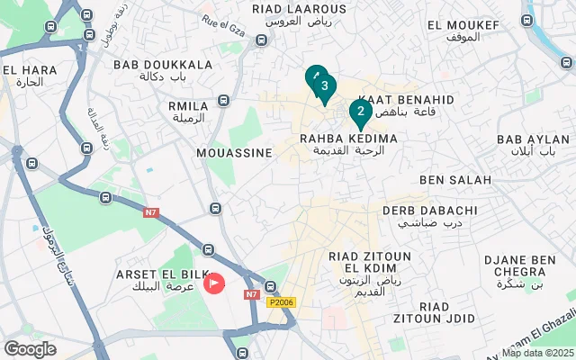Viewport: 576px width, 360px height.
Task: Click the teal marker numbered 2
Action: coord(360,112)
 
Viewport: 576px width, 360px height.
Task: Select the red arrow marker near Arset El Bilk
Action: coord(214,283)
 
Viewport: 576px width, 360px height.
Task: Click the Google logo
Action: coord(30,349)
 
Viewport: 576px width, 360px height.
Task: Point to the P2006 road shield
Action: coord(281,303)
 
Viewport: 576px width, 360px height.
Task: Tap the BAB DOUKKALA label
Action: coord(163,65)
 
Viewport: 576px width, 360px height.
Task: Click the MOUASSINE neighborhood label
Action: coord(234,153)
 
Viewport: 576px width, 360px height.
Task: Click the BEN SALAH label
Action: coord(454,180)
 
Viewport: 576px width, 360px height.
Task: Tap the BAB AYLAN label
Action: coord(533,139)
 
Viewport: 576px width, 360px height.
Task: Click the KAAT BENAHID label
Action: coord(407,99)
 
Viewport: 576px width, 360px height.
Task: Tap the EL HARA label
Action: coord(23,70)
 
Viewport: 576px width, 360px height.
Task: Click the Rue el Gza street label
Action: coord(222,21)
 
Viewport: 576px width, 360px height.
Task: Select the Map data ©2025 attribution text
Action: coord(536,353)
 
